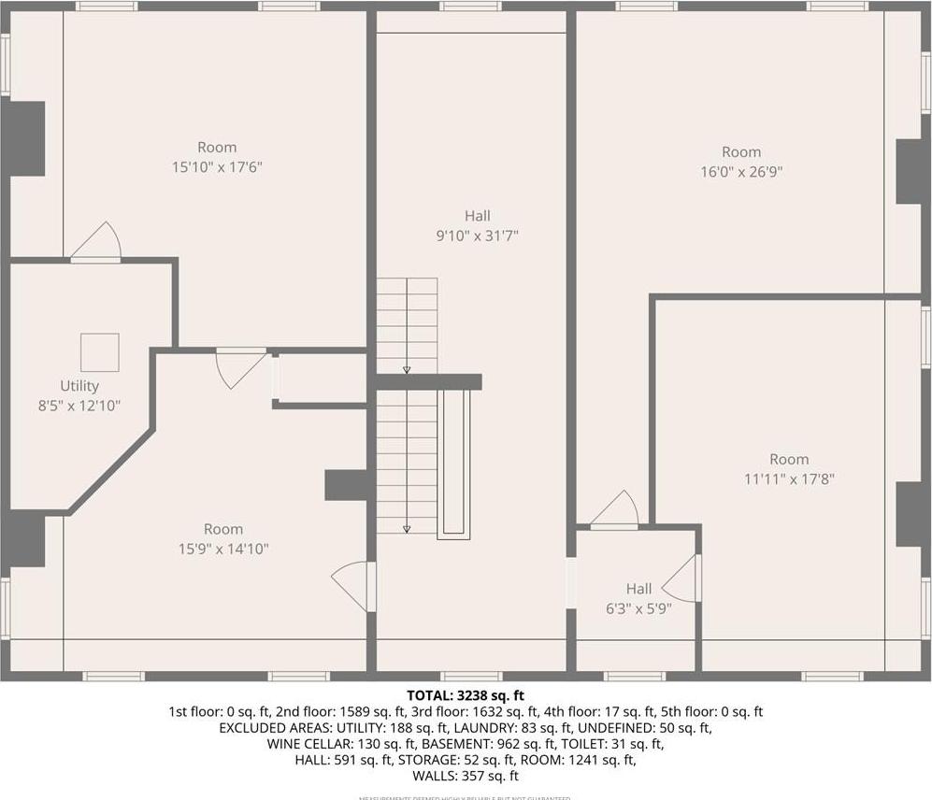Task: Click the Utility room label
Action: [x=79, y=386]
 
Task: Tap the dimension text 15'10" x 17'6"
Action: [x=216, y=167]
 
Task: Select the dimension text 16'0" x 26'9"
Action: [x=740, y=172]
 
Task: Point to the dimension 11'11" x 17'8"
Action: [x=789, y=479]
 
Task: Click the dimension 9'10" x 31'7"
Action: [x=477, y=236]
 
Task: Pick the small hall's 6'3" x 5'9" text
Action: [x=638, y=607]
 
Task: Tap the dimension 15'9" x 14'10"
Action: [x=223, y=549]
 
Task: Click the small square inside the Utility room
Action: [x=99, y=352]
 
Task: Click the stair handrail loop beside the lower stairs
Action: [x=454, y=464]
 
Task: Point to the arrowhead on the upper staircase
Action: [x=407, y=370]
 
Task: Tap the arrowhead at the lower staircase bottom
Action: [x=407, y=529]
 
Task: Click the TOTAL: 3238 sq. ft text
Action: [x=466, y=695]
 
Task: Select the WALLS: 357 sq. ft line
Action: [x=466, y=776]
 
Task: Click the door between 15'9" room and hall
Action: [x=356, y=586]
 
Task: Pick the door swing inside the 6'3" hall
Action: [x=683, y=579]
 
